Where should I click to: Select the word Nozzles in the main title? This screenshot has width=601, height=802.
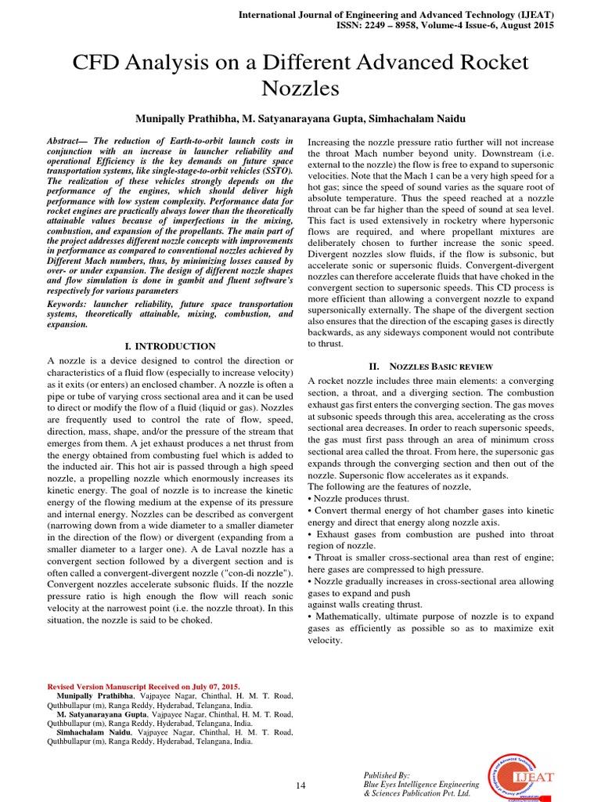tap(300, 89)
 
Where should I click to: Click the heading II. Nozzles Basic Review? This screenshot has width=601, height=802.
tap(430, 366)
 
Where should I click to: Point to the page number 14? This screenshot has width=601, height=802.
tap(300, 785)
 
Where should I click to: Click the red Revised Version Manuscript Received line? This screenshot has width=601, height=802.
tap(144, 685)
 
